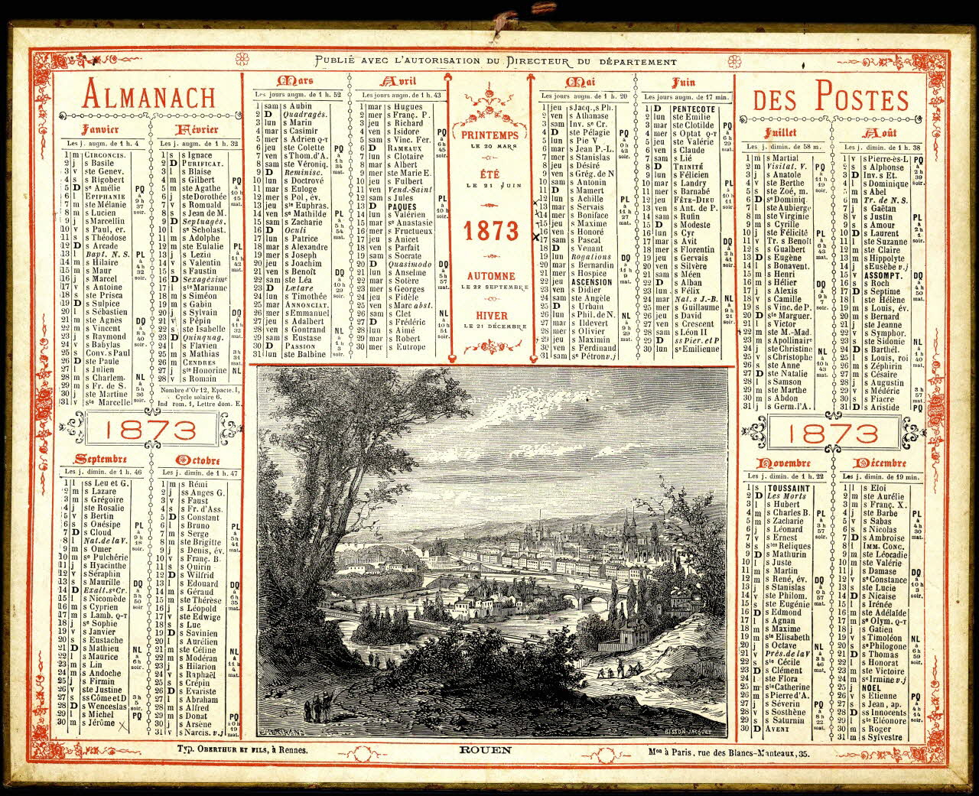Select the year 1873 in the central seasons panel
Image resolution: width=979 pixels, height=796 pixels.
point(490,230)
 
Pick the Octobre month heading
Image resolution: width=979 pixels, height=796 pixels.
point(198,460)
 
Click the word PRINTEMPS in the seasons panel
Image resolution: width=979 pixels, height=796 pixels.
point(490,135)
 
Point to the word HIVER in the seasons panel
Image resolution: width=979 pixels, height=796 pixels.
point(490,315)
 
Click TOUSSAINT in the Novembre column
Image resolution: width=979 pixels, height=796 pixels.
point(788,488)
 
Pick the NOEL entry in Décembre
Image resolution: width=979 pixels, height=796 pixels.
point(873,687)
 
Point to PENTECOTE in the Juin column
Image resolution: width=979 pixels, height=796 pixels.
point(694,109)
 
